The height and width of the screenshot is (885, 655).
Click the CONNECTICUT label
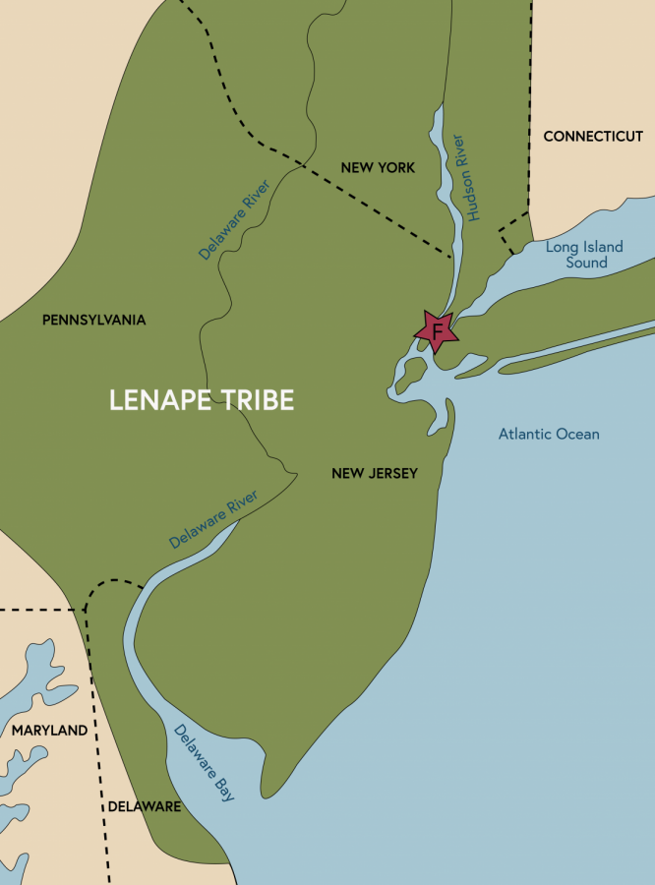592,136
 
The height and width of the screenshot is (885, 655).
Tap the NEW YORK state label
378,167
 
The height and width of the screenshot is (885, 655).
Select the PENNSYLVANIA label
94,320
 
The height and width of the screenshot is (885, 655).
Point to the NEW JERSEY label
375,473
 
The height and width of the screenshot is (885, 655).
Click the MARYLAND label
49,731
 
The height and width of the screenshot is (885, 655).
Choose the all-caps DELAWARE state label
144,806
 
